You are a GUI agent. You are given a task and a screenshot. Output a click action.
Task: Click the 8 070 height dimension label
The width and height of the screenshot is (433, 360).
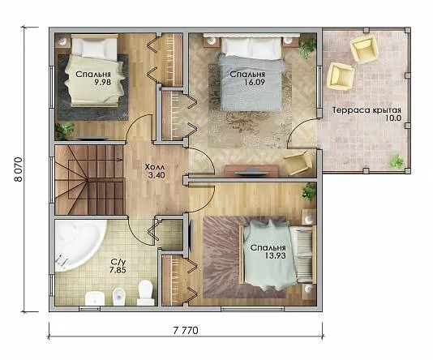(x=18, y=169)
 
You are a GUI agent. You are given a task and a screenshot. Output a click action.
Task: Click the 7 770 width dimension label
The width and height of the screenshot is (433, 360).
(x=186, y=331)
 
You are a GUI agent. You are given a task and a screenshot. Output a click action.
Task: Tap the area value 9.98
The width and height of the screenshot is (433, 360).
(x=102, y=82)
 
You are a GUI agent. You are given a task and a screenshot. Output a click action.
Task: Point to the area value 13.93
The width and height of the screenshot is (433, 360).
(x=276, y=255)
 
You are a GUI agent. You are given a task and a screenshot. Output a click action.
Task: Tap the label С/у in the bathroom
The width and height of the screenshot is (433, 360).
(x=116, y=262)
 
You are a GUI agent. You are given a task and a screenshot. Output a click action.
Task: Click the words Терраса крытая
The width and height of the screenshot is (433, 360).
(x=367, y=110)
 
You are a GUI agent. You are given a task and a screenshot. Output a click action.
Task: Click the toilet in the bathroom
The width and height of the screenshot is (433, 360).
(x=145, y=293)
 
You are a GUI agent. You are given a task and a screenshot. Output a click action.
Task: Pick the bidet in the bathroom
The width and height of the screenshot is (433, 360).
(x=119, y=297)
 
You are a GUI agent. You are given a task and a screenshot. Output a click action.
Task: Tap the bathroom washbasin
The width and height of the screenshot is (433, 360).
(x=95, y=298)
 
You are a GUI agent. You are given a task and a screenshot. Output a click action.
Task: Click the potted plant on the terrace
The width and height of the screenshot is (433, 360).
(x=397, y=161)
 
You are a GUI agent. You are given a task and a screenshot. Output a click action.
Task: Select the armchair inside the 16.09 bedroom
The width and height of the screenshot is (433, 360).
(x=298, y=163)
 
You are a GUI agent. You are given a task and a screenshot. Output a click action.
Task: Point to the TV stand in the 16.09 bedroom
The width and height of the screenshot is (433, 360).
(x=251, y=170)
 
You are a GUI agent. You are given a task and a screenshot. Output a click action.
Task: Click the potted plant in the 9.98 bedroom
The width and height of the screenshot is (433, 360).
(x=65, y=131)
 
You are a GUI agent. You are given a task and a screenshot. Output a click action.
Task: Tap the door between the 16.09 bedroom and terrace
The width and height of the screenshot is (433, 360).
(x=302, y=134)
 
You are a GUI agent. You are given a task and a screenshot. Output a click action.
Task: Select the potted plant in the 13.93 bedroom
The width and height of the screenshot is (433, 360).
(x=308, y=191)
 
